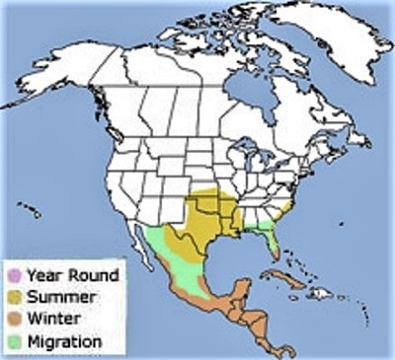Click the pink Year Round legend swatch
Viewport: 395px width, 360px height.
click(x=14, y=274)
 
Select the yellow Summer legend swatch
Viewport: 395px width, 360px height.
click(x=14, y=296)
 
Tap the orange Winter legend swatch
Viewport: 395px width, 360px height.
click(x=14, y=319)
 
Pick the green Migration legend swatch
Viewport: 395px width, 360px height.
click(x=14, y=341)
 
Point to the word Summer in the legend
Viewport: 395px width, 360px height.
click(x=59, y=296)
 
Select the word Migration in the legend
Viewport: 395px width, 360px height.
click(x=64, y=341)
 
